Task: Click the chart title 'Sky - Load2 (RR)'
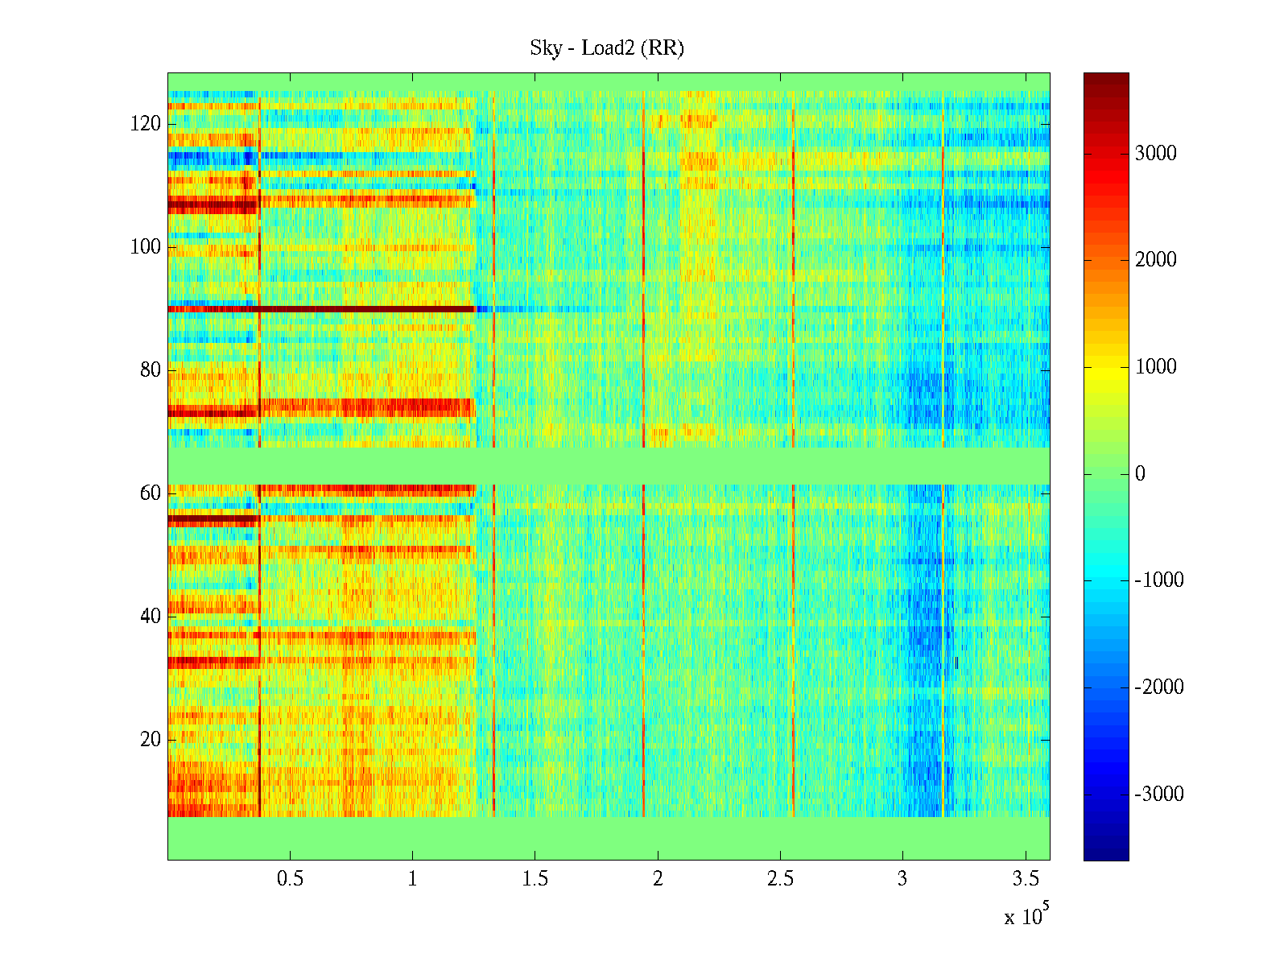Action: [x=606, y=48]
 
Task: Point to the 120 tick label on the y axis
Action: [x=146, y=124]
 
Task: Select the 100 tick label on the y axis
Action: [x=146, y=247]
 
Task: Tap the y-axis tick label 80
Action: [x=151, y=370]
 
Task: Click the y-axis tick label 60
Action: [x=151, y=493]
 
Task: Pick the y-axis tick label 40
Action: [x=151, y=617]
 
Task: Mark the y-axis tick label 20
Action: [x=151, y=740]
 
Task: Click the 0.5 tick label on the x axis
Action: [x=291, y=879]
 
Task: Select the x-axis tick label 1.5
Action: [x=535, y=879]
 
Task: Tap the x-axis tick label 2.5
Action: [x=780, y=879]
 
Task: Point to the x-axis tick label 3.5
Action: [x=1025, y=879]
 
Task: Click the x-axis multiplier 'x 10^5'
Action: [x=1026, y=916]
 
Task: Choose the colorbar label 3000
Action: [x=1155, y=154]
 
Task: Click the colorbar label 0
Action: [x=1140, y=474]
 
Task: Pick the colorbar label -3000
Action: [x=1159, y=795]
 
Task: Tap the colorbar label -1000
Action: [x=1159, y=580]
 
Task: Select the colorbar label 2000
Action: [x=1155, y=260]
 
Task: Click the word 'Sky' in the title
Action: [x=545, y=48]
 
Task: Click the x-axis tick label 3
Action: [x=902, y=879]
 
